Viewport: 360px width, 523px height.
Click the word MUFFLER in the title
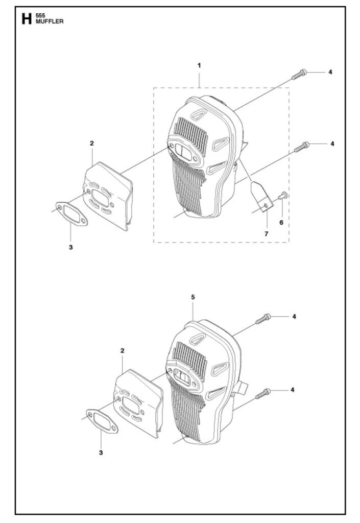tap(50, 22)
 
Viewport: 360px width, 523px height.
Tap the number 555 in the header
tap(41, 16)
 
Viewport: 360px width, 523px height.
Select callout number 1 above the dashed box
tap(199, 65)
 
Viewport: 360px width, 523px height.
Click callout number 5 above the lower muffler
tap(193, 297)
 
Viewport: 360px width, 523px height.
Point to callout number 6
tap(280, 223)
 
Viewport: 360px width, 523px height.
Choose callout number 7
tap(266, 233)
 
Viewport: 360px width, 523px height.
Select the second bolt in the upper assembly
tap(302, 147)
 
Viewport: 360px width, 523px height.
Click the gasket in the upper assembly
tap(72, 213)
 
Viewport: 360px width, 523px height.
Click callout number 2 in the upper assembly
tap(91, 144)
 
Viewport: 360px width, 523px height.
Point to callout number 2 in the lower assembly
tap(122, 350)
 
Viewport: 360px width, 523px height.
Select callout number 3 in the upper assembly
tap(70, 247)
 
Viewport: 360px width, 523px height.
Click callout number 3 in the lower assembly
tap(101, 453)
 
